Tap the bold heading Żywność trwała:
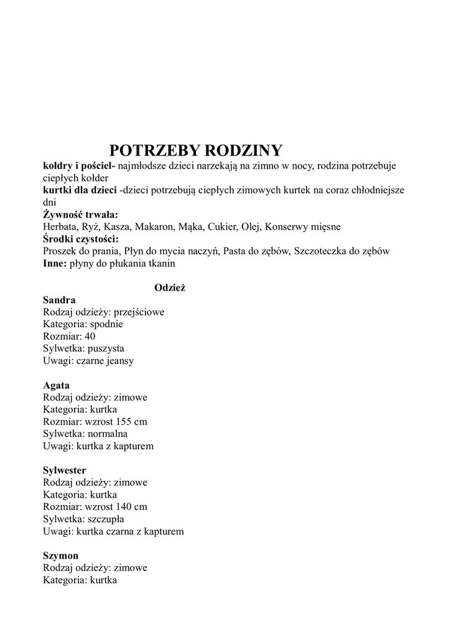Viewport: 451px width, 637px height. coord(80,215)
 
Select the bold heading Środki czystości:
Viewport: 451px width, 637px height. coord(81,239)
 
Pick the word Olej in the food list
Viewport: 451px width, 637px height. coord(250,227)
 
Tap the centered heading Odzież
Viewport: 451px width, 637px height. coord(170,287)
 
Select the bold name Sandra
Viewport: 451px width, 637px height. coord(59,300)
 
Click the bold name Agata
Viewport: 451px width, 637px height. coord(56,385)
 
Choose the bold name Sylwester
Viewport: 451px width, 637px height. coord(65,470)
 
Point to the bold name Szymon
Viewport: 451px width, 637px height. coord(61,556)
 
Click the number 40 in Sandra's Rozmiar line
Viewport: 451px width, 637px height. coord(90,337)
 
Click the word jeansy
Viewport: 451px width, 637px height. coord(119,361)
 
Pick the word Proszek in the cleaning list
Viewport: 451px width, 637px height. coord(60,251)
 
